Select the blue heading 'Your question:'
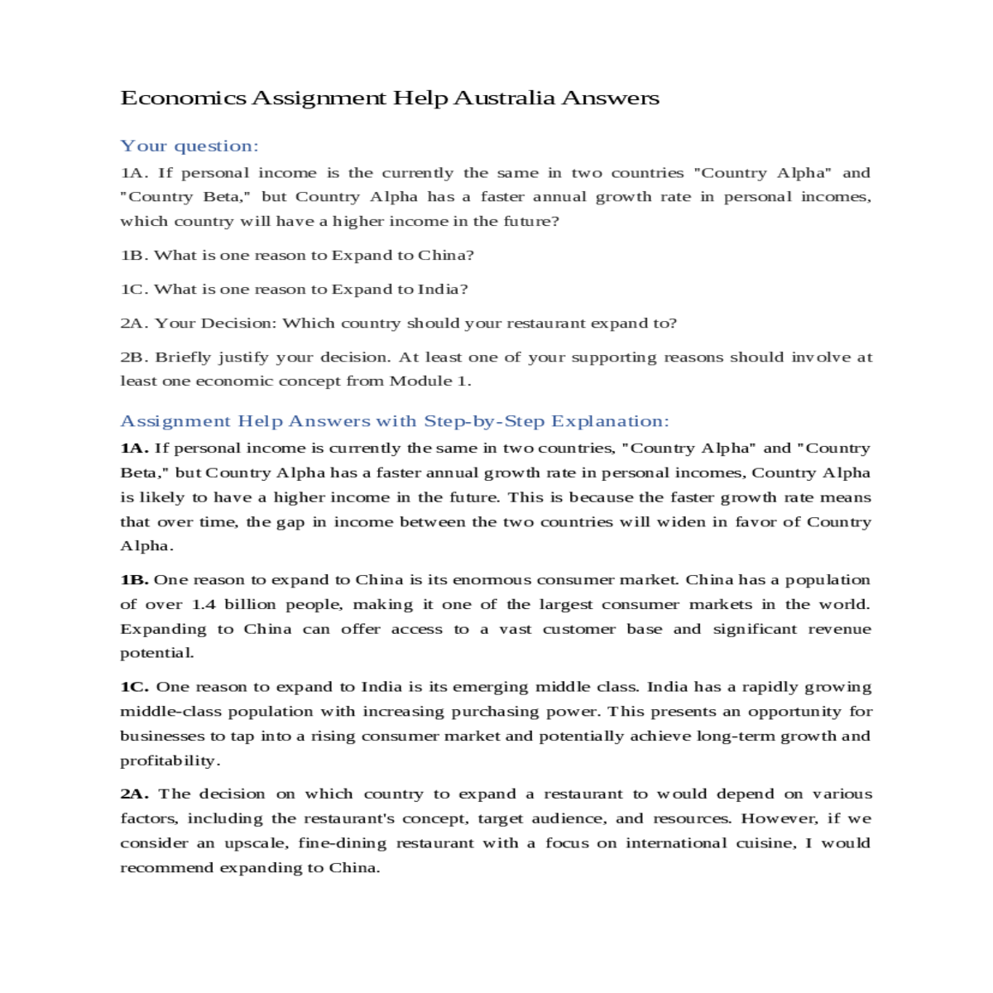click(189, 146)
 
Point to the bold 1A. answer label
click(134, 449)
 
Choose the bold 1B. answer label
click(134, 580)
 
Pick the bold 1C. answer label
click(134, 687)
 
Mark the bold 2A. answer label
click(134, 794)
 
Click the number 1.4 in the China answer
click(204, 605)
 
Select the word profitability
click(170, 761)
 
